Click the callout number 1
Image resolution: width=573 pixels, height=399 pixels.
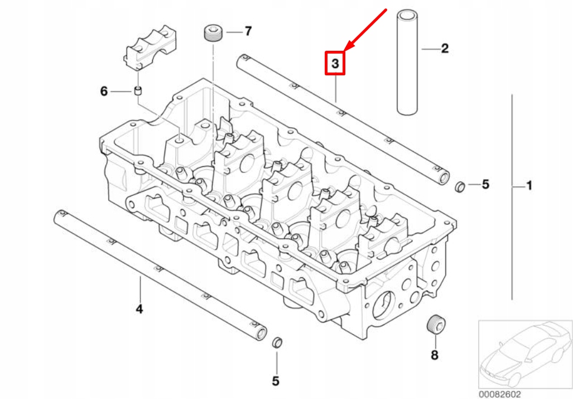tap(529, 186)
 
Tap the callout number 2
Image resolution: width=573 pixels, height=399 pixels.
tap(445, 48)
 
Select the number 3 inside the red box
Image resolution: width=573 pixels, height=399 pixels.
tap(335, 64)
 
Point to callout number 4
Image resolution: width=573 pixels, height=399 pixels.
tap(139, 309)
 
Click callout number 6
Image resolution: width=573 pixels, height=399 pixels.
tap(104, 91)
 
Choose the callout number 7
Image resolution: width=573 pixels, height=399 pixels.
tap(248, 31)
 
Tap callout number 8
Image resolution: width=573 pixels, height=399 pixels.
tap(435, 355)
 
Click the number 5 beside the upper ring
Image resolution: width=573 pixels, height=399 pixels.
tap(485, 184)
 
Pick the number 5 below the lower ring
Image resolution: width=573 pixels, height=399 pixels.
tap(276, 381)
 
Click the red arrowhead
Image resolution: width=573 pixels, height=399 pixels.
tap(349, 46)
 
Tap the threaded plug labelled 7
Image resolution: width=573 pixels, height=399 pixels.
tap(213, 33)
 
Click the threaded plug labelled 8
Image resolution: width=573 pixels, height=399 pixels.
tap(436, 323)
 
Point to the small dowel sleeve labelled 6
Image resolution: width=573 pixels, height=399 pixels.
tap(138, 91)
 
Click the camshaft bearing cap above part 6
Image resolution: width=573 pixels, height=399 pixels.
tap(151, 48)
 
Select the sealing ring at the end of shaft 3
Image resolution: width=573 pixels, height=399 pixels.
tap(460, 187)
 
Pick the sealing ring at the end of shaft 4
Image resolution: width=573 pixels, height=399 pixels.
tap(277, 343)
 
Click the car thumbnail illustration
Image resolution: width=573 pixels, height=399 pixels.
tap(525, 354)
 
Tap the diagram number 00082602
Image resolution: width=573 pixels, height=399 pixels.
tap(499, 394)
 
